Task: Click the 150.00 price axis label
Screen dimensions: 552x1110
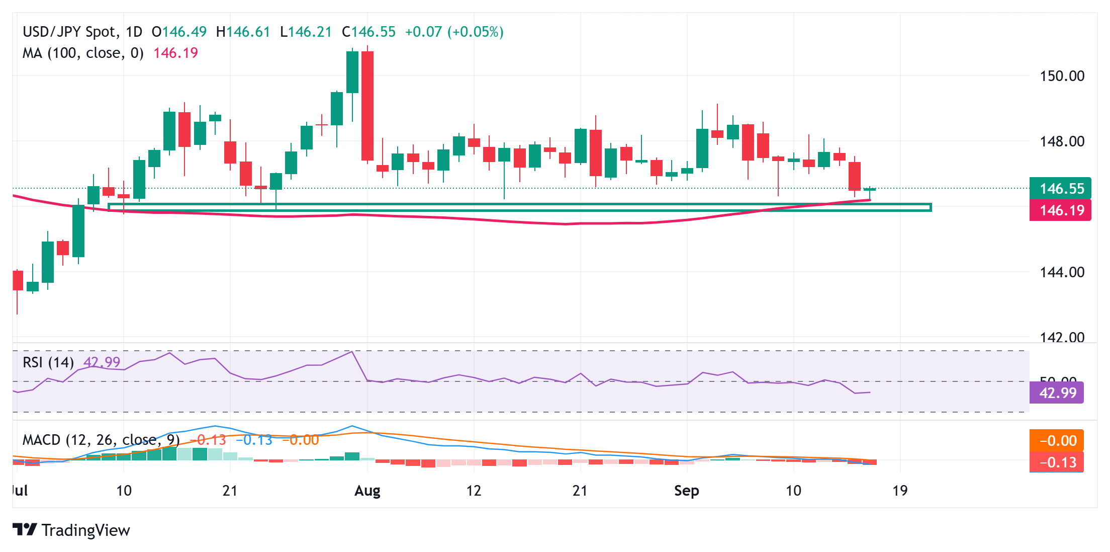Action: click(1062, 76)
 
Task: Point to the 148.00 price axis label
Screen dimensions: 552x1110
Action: click(1062, 141)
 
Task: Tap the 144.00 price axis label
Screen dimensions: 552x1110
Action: click(1062, 272)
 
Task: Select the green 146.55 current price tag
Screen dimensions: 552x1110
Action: click(1060, 189)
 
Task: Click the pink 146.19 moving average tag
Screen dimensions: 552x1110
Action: click(1060, 210)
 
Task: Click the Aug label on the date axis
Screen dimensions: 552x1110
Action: click(367, 491)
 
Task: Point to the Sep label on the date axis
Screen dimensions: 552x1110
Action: click(686, 491)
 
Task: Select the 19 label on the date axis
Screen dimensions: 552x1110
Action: click(900, 491)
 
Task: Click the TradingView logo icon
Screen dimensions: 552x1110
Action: click(25, 529)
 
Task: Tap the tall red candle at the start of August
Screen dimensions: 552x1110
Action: click(367, 106)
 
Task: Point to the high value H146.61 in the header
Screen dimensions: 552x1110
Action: click(243, 32)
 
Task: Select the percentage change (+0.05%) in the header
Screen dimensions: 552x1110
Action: click(475, 32)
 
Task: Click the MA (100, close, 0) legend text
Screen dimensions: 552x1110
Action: click(83, 53)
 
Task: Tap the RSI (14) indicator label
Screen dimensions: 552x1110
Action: click(48, 362)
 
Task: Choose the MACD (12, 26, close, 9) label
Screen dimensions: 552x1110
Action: click(101, 440)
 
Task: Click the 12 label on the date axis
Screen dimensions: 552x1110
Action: click(474, 491)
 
